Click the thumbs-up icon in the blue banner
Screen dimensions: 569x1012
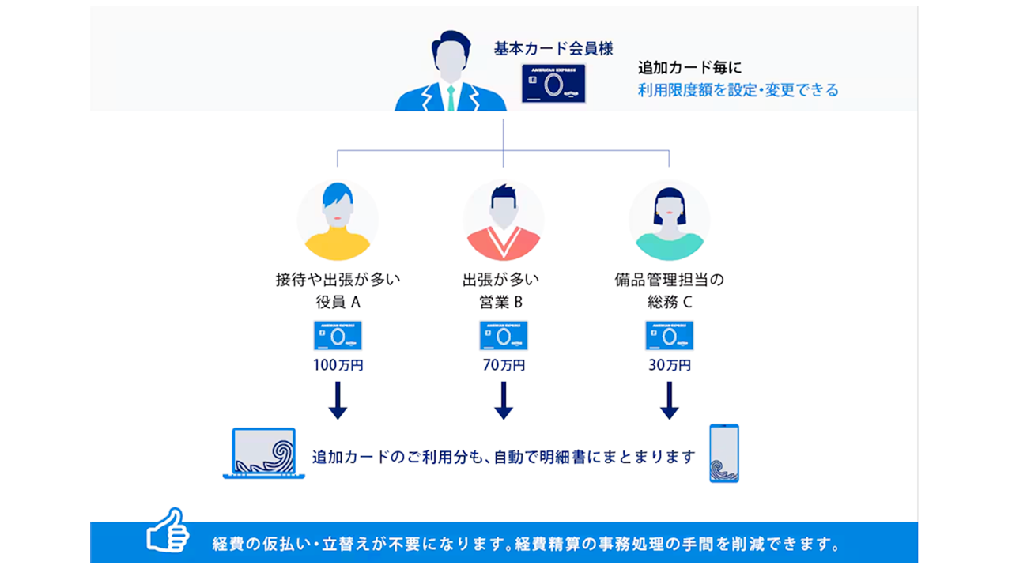[168, 530]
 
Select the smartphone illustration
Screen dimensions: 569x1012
[724, 453]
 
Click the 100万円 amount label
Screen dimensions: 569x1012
[338, 365]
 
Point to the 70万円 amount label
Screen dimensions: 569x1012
[504, 365]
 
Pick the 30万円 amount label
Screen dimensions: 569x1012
[670, 365]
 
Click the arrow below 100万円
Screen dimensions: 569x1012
[338, 400]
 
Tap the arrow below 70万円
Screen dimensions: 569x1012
[504, 400]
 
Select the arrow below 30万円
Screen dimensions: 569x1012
[670, 400]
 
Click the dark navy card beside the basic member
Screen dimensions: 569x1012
[553, 84]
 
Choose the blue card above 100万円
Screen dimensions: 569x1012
[338, 335]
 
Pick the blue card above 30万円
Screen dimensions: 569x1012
[670, 335]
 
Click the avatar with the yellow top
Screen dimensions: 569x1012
[338, 220]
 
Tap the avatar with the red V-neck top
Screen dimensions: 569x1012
[504, 220]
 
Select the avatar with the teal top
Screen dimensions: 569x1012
[670, 220]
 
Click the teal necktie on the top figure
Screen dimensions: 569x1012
[451, 99]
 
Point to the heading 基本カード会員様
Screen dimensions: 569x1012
[553, 48]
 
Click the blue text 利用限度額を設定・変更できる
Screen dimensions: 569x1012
[738, 90]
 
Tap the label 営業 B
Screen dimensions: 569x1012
[504, 302]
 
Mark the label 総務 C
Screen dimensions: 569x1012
[670, 302]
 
